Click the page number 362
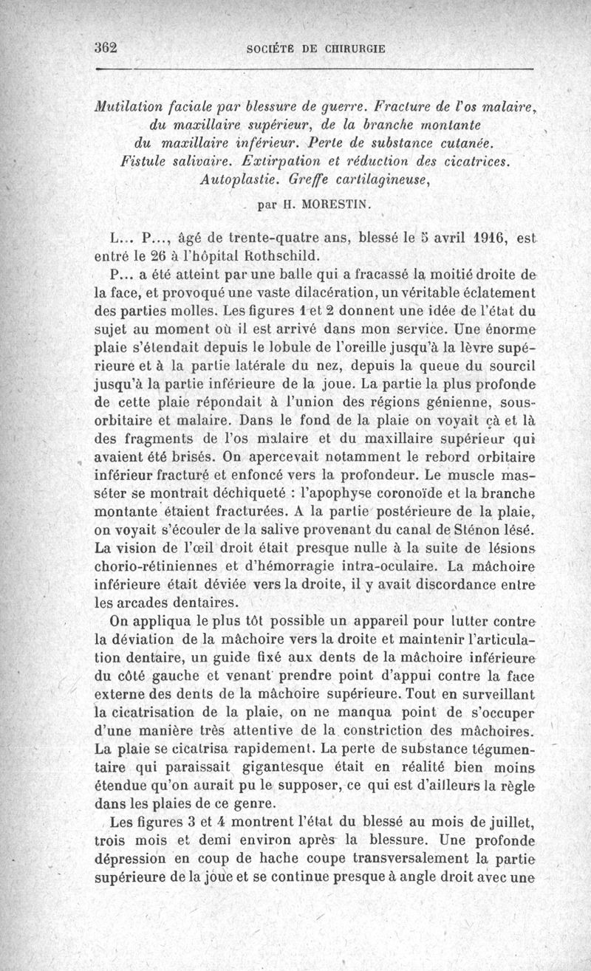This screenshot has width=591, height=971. tap(107, 46)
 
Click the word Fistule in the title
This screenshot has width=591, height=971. tap(147, 159)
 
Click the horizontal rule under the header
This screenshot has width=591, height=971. tap(314, 69)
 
